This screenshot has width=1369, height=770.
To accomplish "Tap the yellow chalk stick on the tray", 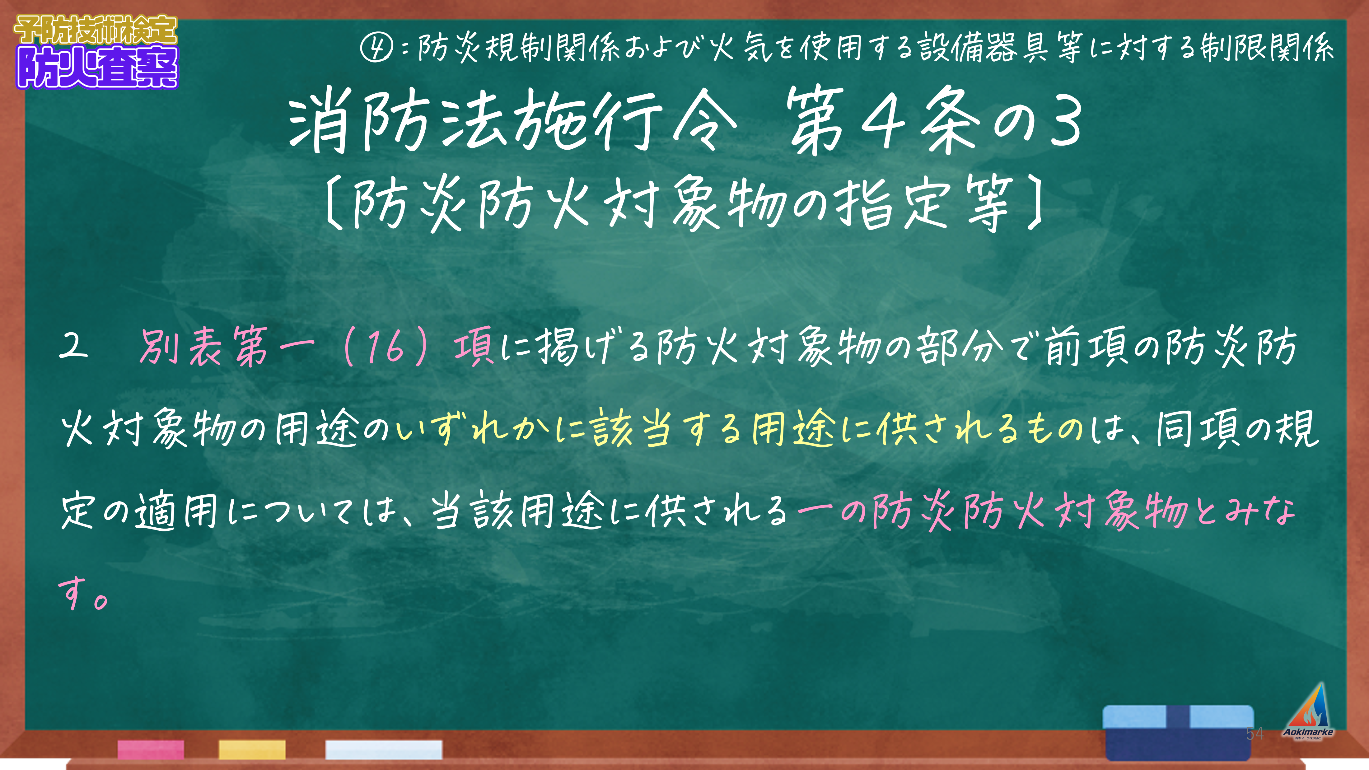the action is point(252,749).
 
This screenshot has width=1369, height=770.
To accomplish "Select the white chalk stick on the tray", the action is point(384,749).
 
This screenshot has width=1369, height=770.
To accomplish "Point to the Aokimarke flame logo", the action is point(1308,711).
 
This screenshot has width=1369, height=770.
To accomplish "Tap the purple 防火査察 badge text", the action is point(97,67).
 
